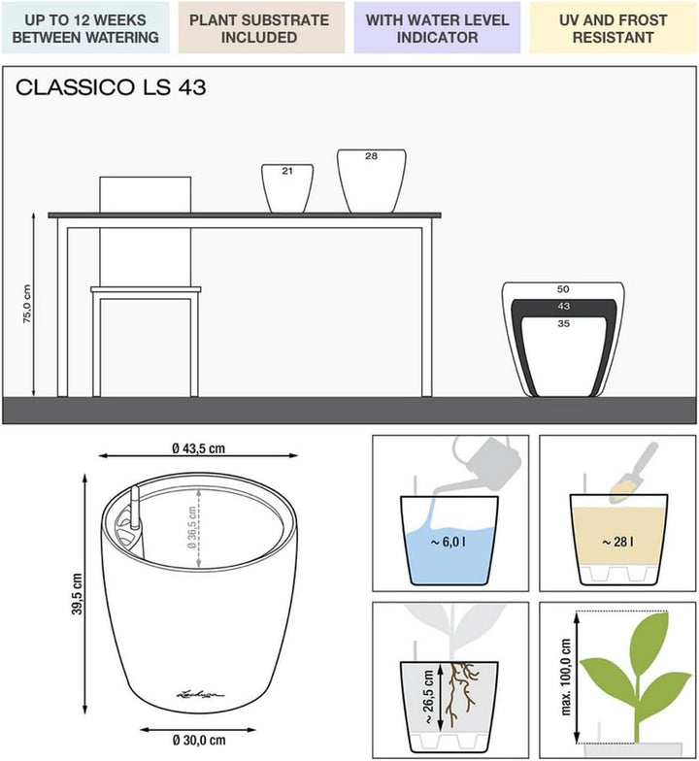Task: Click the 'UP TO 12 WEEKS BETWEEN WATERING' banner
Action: [x=85, y=28]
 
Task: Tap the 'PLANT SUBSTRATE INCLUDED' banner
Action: [x=261, y=28]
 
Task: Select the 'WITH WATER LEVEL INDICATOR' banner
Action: [x=437, y=28]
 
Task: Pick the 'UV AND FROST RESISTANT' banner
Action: [x=614, y=28]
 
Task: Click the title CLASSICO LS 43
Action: [x=111, y=87]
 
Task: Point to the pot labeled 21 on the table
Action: [x=287, y=188]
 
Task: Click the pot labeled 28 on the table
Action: [x=372, y=181]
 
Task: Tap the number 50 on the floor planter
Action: [x=563, y=289]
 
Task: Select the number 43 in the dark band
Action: [x=563, y=307]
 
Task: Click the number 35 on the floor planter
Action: [x=563, y=324]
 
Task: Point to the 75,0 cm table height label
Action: [x=27, y=304]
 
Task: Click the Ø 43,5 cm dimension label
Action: [x=198, y=448]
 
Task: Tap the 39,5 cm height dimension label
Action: [x=77, y=594]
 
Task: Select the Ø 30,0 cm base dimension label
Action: [x=199, y=740]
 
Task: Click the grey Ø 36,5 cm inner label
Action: [x=192, y=527]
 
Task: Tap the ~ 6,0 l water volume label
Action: [x=449, y=542]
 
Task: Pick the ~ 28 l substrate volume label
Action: [x=617, y=542]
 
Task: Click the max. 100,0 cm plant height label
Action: [x=565, y=678]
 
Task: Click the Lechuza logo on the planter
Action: [x=200, y=695]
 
